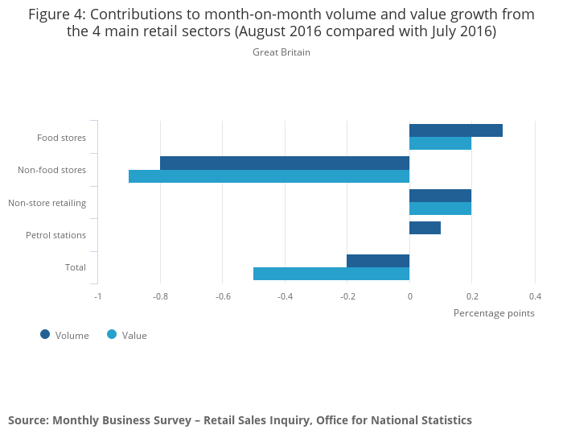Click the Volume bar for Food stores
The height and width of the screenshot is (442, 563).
(455, 130)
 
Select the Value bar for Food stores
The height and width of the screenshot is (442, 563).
(440, 144)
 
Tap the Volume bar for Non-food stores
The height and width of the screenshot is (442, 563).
(285, 163)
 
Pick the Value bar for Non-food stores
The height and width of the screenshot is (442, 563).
(269, 176)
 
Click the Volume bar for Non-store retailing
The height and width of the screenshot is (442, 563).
(440, 196)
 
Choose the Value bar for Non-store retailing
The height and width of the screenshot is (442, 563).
(440, 209)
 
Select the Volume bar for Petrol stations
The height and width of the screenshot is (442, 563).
(425, 228)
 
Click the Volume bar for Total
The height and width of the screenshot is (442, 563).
(378, 261)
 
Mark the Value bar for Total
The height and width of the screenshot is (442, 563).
(331, 274)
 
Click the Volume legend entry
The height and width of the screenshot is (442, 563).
(65, 335)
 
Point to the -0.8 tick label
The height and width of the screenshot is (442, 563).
(160, 295)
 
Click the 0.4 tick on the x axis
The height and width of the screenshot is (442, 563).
(534, 295)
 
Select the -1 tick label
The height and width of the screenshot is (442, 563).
(97, 295)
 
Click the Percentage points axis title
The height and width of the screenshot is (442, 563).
(494, 312)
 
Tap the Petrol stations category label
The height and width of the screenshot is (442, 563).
(55, 235)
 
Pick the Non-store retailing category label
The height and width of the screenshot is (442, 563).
(47, 203)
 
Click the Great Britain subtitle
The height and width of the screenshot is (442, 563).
(281, 52)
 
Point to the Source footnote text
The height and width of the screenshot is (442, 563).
(240, 420)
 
